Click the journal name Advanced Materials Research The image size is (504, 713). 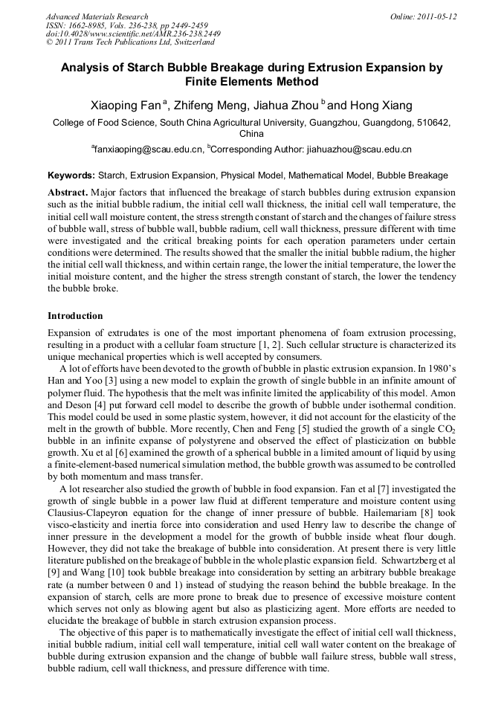[x=97, y=16]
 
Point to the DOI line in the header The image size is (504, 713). [x=133, y=34]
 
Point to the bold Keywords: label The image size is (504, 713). [x=71, y=176]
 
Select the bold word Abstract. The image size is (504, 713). [x=67, y=191]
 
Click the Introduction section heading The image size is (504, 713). [x=75, y=316]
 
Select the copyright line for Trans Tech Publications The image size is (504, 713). [x=130, y=42]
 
